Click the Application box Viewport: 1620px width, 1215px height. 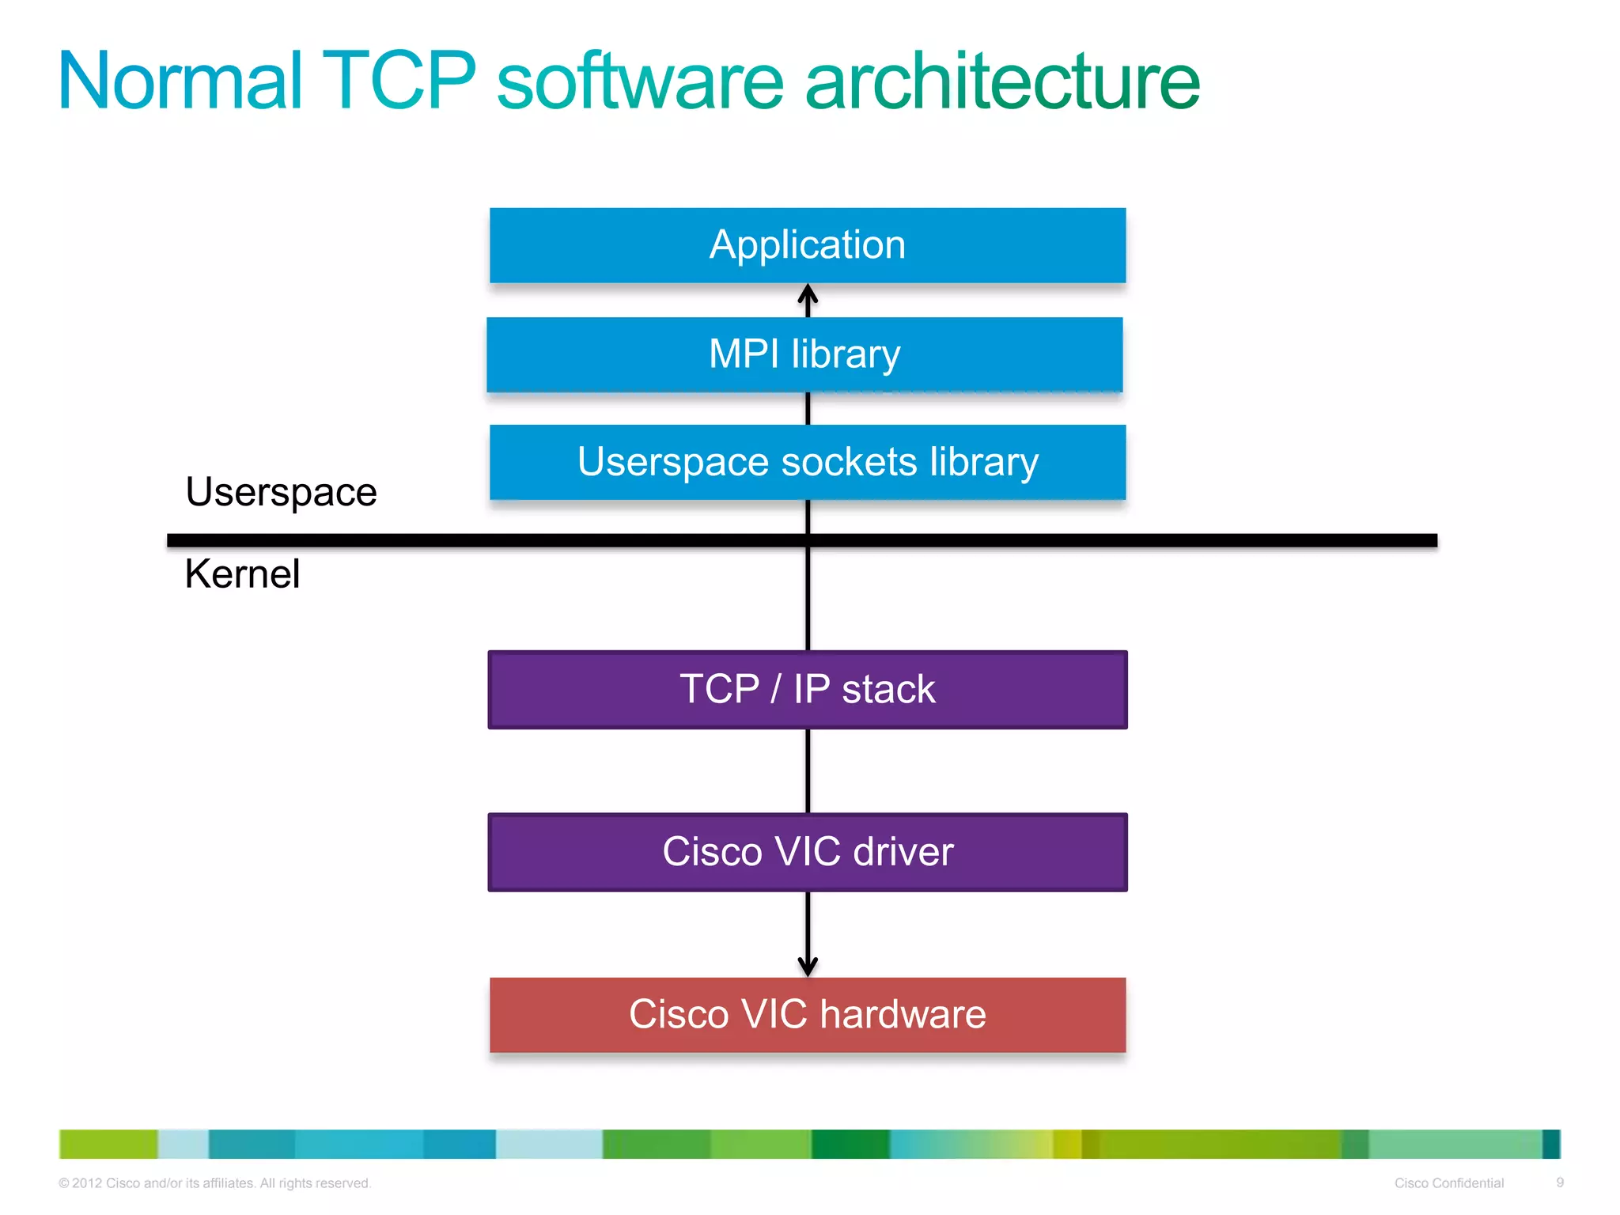point(807,245)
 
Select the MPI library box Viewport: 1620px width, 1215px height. point(804,354)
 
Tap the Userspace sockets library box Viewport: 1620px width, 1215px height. point(807,462)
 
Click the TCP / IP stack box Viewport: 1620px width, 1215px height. point(807,689)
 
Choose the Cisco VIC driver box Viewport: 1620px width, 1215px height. point(807,852)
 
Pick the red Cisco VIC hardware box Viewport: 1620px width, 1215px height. point(807,1015)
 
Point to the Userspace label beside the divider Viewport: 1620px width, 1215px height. point(281,492)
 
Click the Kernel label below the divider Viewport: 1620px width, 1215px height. point(242,573)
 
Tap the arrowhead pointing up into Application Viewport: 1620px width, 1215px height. point(807,294)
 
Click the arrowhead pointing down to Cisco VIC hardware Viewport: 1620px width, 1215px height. point(807,966)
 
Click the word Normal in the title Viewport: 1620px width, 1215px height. point(181,81)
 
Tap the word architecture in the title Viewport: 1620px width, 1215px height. point(1001,81)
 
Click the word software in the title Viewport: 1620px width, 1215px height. point(640,81)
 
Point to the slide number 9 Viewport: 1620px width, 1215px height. point(1560,1183)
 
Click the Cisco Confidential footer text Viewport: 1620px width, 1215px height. point(1448,1183)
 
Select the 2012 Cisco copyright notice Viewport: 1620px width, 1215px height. point(214,1183)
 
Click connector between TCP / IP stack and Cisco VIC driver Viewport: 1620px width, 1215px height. point(807,771)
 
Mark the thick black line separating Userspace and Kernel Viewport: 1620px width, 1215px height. point(1107,540)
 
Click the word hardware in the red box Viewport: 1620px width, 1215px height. point(903,1015)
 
